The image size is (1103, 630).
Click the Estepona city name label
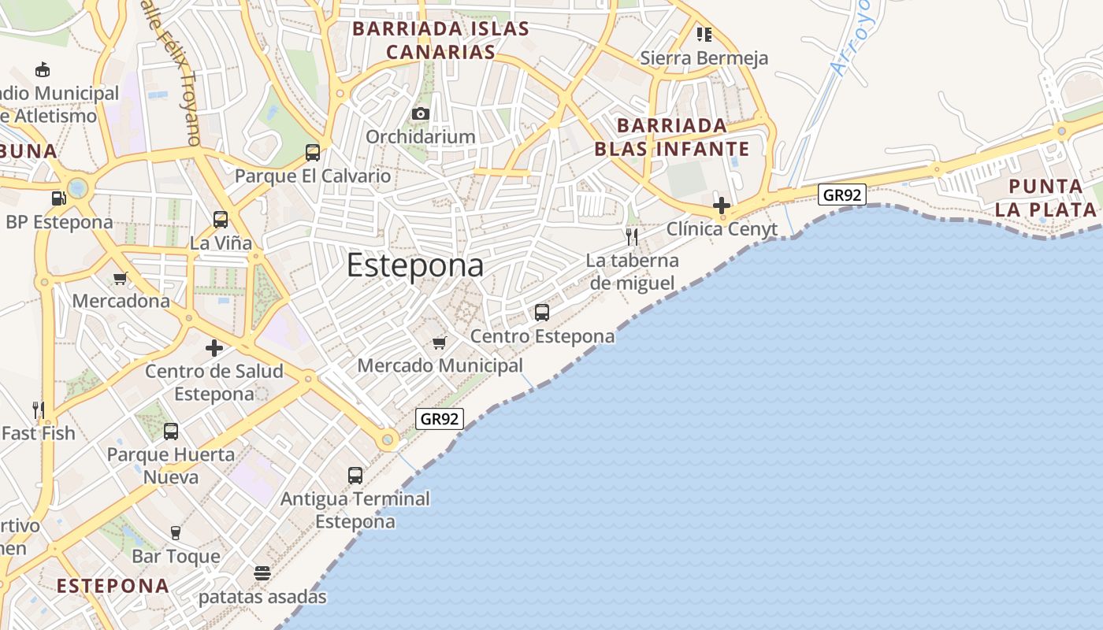click(x=415, y=265)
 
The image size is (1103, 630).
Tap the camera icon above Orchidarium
click(x=421, y=113)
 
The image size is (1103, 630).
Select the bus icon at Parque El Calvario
click(x=313, y=153)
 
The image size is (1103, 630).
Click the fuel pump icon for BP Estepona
click(x=58, y=198)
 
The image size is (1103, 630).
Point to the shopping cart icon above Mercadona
click(x=121, y=278)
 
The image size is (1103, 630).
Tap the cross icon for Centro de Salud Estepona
click(x=214, y=347)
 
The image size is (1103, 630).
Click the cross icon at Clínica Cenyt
click(x=722, y=206)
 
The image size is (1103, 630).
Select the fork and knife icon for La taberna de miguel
click(x=632, y=237)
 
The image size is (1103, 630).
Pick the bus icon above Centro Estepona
click(x=542, y=313)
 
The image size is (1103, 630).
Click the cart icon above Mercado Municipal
click(x=440, y=343)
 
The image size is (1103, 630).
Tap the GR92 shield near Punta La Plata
click(x=842, y=194)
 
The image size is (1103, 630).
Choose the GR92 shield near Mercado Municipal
click(x=439, y=419)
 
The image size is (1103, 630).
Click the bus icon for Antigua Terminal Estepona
click(x=355, y=476)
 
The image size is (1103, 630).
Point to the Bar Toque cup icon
click(x=176, y=533)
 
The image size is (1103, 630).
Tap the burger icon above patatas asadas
click(x=262, y=573)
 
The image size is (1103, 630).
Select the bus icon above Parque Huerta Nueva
click(x=171, y=432)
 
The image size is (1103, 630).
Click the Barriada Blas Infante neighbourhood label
click(x=671, y=137)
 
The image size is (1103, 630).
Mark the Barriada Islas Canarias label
click(x=440, y=40)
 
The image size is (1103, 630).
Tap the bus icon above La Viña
click(x=221, y=220)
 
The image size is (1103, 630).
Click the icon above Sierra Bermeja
click(x=704, y=35)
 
